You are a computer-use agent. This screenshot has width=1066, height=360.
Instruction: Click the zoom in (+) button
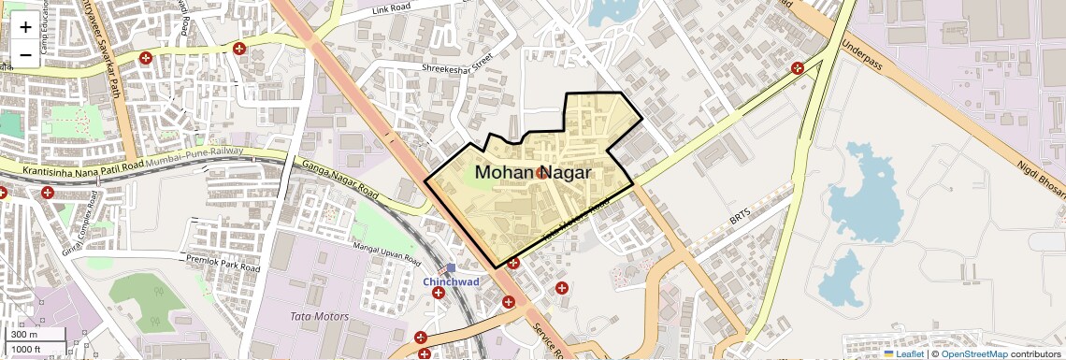[25, 27]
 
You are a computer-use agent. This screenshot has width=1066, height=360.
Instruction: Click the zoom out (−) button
[25, 54]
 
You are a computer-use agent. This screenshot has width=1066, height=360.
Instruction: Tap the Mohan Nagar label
[532, 173]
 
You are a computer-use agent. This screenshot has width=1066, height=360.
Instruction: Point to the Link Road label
[392, 10]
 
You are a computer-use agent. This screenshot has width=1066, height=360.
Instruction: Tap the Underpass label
[861, 45]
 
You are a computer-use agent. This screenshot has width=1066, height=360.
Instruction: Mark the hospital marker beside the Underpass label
[797, 67]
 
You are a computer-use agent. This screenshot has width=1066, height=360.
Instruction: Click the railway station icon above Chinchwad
[451, 268]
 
